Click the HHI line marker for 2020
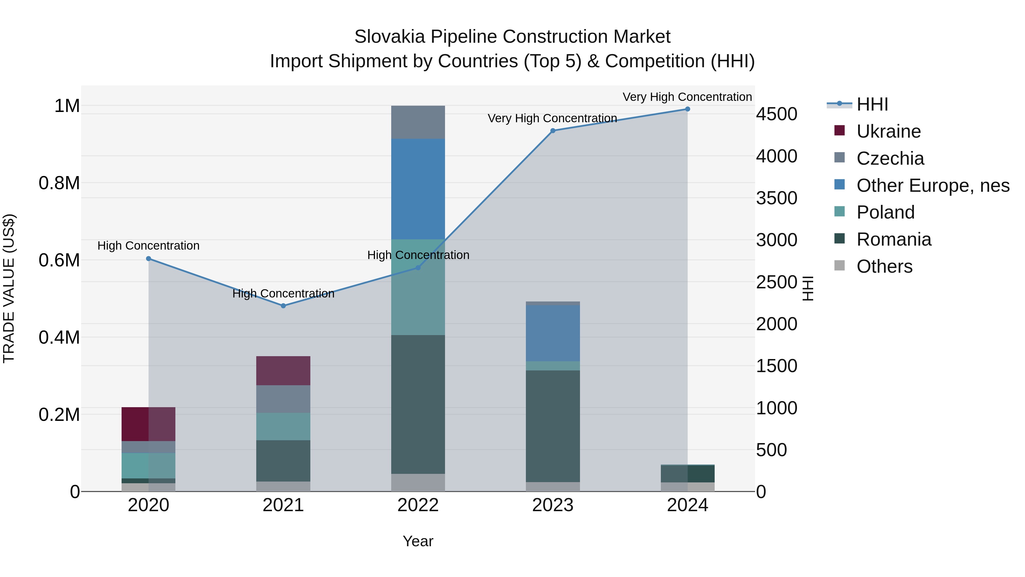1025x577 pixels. point(148,258)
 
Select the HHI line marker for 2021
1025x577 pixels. point(283,306)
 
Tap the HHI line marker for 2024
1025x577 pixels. point(688,109)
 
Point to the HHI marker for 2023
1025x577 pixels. point(553,131)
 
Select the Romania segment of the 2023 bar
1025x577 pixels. point(553,426)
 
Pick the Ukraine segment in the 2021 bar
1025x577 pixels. point(283,370)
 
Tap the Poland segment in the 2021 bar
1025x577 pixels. point(283,427)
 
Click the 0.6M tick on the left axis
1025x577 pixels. point(59,260)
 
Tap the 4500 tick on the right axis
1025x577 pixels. point(776,114)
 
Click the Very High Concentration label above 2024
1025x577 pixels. point(687,97)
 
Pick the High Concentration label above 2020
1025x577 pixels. point(148,246)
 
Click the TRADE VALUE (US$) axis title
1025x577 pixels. point(9,288)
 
